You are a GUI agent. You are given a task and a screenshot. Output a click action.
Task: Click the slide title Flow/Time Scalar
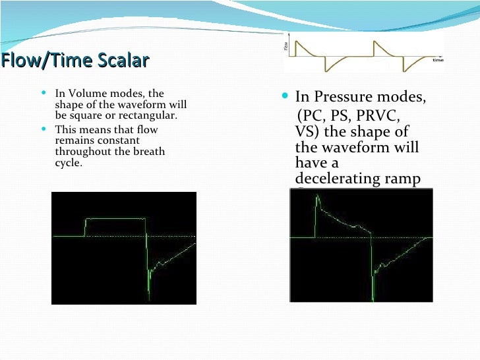point(75,61)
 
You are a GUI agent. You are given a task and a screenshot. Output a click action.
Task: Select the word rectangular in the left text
point(153,115)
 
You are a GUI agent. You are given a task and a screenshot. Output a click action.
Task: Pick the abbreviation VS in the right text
point(304,131)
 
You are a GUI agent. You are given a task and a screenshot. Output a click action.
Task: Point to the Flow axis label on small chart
point(285,47)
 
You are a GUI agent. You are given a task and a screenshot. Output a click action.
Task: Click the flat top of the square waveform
point(115,218)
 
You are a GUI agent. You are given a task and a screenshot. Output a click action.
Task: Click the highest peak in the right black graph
point(318,196)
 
